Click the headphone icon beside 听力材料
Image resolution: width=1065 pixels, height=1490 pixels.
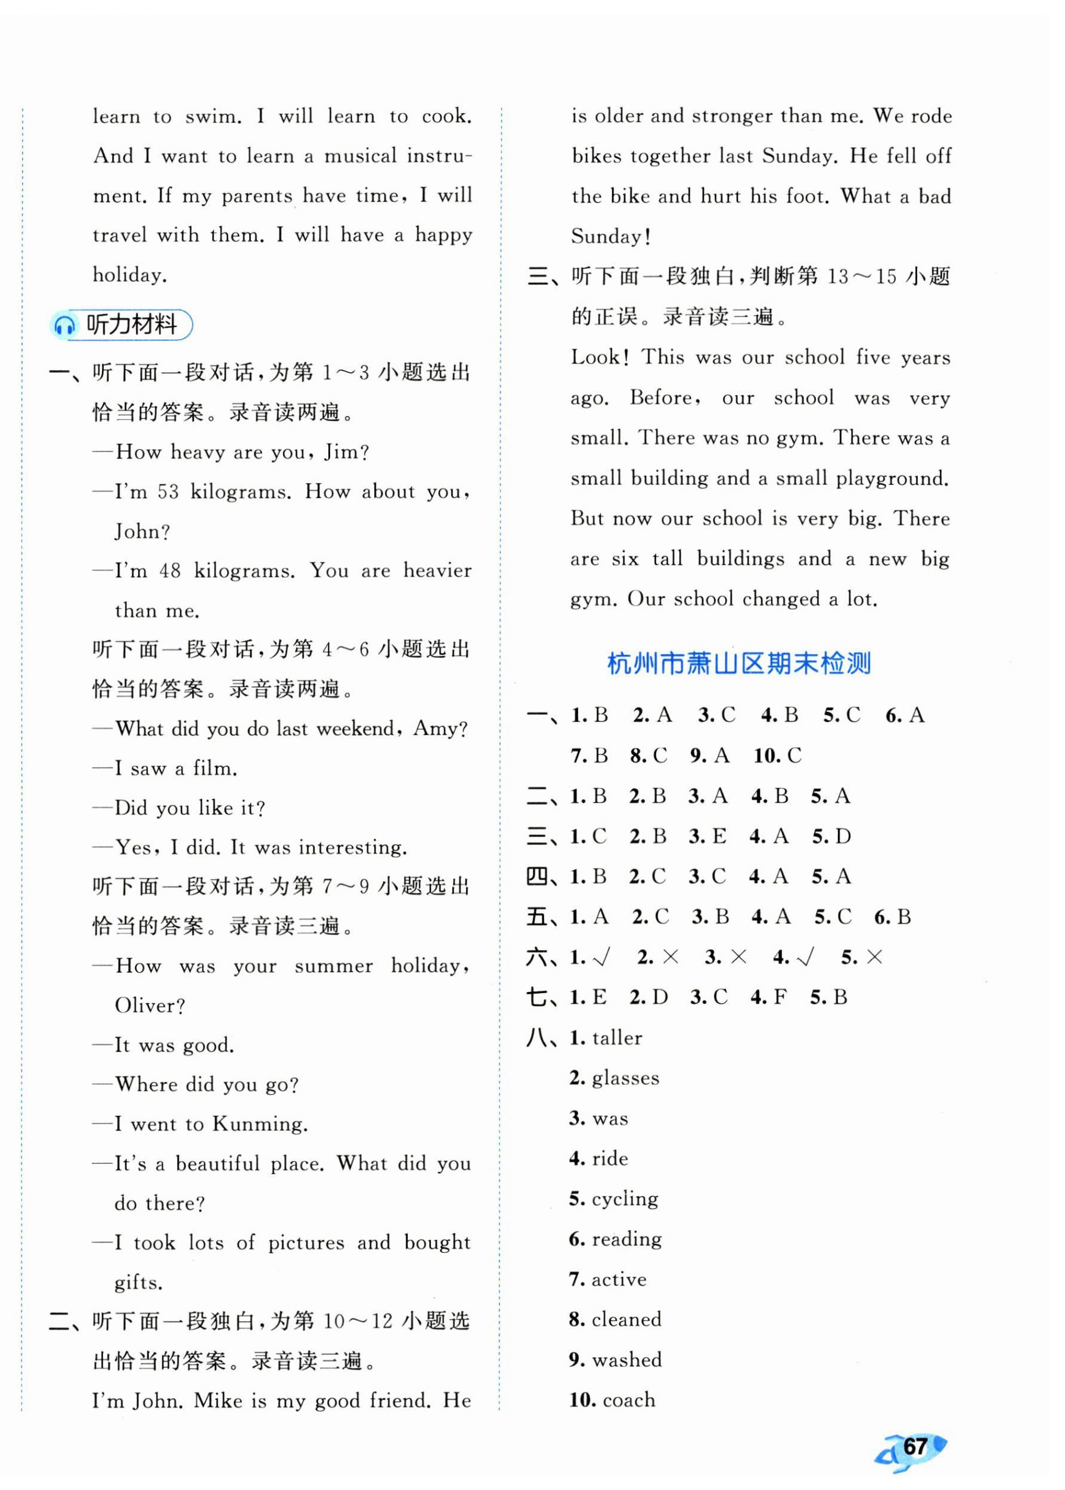point(65,325)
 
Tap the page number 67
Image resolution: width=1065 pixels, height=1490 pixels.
point(915,1447)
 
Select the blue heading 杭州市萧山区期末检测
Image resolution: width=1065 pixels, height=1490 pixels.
point(739,665)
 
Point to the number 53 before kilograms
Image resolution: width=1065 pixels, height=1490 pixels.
point(168,492)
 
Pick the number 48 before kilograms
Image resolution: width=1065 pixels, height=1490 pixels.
point(170,571)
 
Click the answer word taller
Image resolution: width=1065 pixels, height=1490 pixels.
point(616,1038)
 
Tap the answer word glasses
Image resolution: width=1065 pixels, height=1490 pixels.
point(625,1078)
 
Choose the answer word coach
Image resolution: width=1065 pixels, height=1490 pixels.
point(628,1401)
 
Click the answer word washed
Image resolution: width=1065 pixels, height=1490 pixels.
point(626,1360)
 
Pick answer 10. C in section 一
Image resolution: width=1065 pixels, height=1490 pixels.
point(777,756)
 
